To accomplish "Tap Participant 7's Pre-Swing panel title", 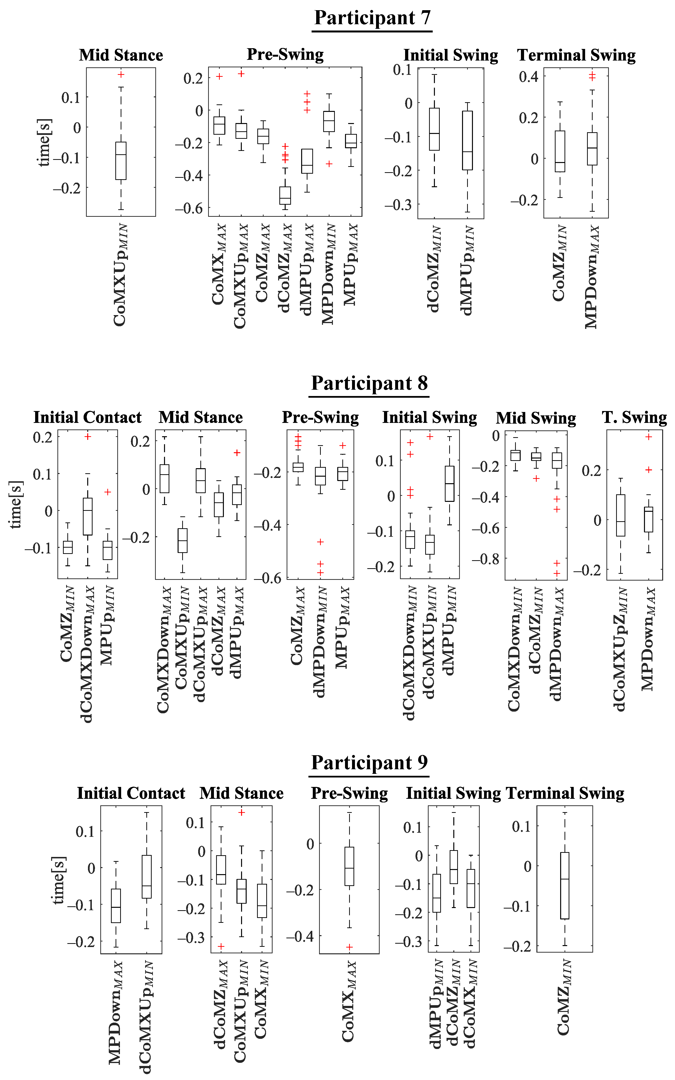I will tap(285, 54).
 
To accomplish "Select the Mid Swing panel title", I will tap(536, 418).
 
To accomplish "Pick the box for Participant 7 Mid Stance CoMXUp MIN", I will tap(121, 161).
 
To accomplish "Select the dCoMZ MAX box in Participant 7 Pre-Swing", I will tap(285, 195).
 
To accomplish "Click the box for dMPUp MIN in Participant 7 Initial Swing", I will tap(467, 140).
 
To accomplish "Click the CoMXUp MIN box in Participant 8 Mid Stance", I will tap(183, 540).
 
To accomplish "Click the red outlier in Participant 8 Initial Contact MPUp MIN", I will tap(108, 492).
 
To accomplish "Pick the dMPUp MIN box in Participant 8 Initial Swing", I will tap(449, 484).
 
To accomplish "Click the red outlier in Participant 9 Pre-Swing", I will tap(350, 947).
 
